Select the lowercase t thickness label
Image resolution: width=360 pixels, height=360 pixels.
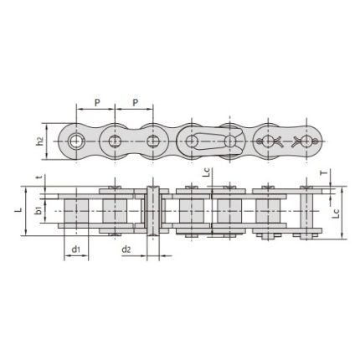click(39, 177)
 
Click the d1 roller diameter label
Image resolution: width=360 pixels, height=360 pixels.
click(76, 249)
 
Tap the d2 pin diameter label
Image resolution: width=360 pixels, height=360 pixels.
click(126, 249)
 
